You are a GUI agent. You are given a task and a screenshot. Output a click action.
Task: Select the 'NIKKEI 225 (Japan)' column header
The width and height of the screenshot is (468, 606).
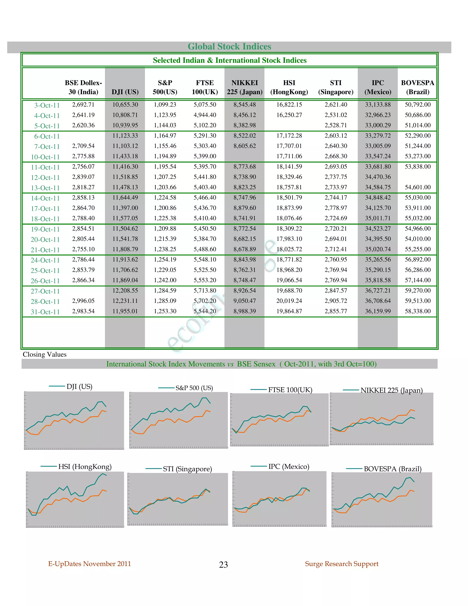[x=245, y=87]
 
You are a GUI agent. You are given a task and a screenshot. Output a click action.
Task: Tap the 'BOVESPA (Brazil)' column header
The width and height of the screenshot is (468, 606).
[x=417, y=87]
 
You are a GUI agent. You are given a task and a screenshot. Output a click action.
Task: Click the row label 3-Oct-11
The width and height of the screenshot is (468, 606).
[x=47, y=105]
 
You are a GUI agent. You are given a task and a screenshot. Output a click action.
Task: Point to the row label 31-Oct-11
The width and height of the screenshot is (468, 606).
[x=45, y=312]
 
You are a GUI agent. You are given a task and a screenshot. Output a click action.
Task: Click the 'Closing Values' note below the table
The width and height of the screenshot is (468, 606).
[x=45, y=354]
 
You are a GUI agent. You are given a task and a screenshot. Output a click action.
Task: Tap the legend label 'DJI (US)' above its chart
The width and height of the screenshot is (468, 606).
[x=79, y=386]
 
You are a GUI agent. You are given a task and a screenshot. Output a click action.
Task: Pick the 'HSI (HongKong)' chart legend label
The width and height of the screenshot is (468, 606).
[x=85, y=467]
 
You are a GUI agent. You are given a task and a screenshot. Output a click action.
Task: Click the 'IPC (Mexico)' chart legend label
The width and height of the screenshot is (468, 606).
[x=289, y=467]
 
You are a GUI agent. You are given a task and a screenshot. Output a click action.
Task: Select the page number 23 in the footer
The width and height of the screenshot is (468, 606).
[x=223, y=565]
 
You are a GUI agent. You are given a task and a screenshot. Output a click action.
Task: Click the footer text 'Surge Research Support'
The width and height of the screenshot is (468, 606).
[x=342, y=564]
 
